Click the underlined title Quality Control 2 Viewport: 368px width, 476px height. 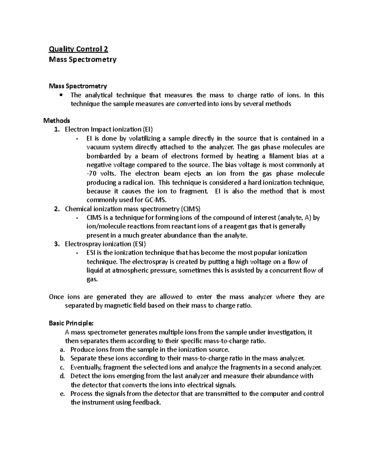pos(79,49)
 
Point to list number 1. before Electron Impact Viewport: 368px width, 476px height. pos(56,129)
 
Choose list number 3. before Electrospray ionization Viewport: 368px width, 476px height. pos(56,244)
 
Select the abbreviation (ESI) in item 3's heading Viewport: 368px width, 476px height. pos(140,244)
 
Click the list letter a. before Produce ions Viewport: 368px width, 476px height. pos(62,350)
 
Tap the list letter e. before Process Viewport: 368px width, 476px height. pos(62,394)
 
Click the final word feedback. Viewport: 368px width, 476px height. pos(146,402)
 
